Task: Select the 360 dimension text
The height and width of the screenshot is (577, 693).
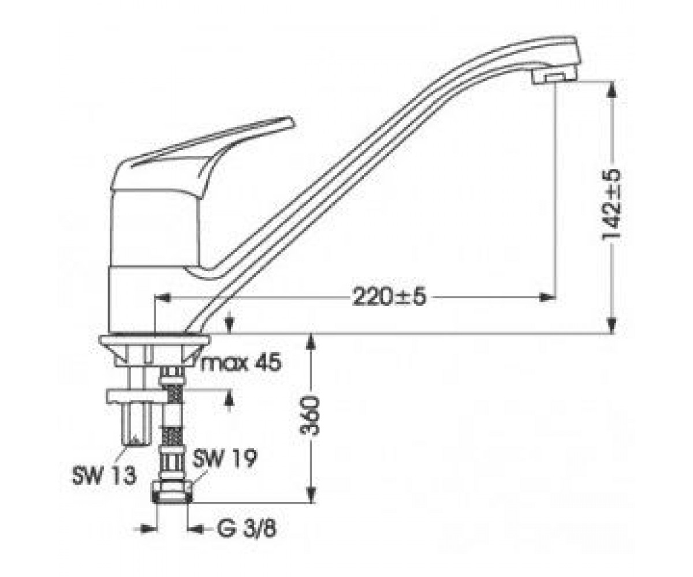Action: (x=310, y=415)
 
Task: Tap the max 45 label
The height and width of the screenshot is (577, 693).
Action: (x=241, y=364)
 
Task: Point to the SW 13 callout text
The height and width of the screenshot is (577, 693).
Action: (x=104, y=476)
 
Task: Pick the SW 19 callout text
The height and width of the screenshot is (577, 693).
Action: (x=225, y=459)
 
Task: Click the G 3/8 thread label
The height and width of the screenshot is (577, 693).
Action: (x=247, y=529)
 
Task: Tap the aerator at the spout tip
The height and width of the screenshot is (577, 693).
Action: (x=553, y=78)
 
